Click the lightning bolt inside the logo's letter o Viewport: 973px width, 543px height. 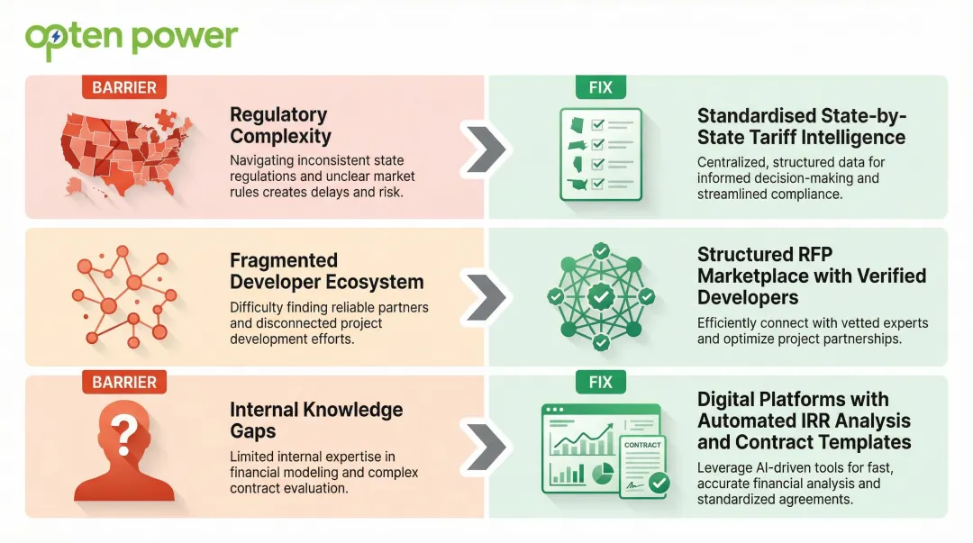pyautogui.click(x=57, y=37)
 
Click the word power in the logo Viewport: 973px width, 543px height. pyautogui.click(x=185, y=38)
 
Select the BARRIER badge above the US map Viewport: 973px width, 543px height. pyautogui.click(x=124, y=87)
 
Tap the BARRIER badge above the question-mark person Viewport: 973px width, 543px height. pyautogui.click(x=124, y=383)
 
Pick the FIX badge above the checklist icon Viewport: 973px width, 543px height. pyautogui.click(x=600, y=87)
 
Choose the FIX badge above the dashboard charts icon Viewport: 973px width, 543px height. pyautogui.click(x=600, y=383)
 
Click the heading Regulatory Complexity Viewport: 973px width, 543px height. pyautogui.click(x=280, y=126)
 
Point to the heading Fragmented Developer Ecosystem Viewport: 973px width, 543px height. pyautogui.click(x=326, y=271)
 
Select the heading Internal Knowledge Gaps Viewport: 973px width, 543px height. pyautogui.click(x=316, y=421)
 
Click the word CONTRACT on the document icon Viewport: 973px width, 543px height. pyautogui.click(x=642, y=445)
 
